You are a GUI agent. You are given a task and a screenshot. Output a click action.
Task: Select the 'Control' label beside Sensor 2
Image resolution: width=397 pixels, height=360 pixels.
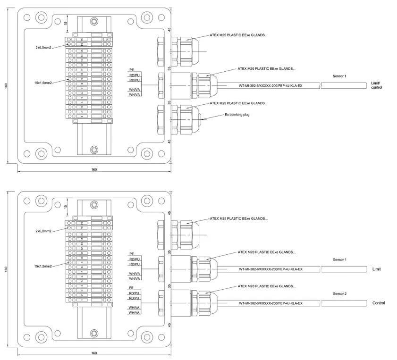pos(379,303)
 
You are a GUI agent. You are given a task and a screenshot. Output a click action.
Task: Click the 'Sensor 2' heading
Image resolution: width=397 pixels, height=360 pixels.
pos(339,293)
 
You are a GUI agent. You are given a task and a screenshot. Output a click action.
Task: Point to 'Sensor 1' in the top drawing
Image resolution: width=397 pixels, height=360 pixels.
pos(339,76)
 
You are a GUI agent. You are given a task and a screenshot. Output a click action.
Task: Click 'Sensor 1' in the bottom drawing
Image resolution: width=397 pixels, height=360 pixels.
pos(339,260)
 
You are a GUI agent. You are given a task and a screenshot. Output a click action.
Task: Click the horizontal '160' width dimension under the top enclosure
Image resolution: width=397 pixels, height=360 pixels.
pos(94,170)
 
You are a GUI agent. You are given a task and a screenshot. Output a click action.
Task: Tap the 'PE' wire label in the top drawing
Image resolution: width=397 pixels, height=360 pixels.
pos(132,70)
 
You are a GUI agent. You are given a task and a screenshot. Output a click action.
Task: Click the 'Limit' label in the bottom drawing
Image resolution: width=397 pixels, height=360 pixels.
pos(376,269)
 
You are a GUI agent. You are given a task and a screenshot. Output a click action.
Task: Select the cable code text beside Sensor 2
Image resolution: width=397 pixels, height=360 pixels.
pos(270,303)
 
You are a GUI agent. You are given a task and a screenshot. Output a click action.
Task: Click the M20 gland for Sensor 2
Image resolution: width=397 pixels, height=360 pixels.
pos(203,302)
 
